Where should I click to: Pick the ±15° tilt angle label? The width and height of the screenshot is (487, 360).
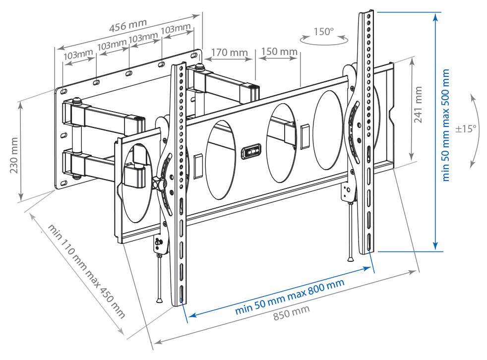click(x=466, y=128)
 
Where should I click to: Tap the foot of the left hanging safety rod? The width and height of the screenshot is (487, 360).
click(x=159, y=300)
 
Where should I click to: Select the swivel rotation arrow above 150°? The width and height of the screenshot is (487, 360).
click(x=324, y=42)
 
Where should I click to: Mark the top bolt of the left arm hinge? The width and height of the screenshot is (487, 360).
click(x=77, y=101)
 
